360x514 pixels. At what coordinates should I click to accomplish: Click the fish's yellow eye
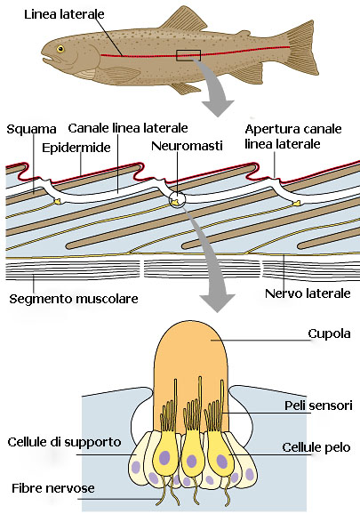[x=60, y=49]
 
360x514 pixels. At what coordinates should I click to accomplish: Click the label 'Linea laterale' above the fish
[x=64, y=14]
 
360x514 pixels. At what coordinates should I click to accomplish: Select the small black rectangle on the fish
[x=188, y=55]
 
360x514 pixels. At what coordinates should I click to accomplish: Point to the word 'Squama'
[x=31, y=130]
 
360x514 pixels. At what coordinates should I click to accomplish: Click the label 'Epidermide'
[x=76, y=148]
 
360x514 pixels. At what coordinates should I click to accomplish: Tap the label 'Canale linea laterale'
[x=128, y=128]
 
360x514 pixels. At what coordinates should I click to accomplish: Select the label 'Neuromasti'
[x=187, y=146]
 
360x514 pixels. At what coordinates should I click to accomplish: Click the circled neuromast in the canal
[x=177, y=199]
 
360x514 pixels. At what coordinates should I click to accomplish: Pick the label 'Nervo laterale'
[x=308, y=293]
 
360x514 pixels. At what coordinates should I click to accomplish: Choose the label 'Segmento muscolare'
[x=74, y=299]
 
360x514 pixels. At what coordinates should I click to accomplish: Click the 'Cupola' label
[x=329, y=333]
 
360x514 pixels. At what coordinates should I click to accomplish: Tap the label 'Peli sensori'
[x=318, y=406]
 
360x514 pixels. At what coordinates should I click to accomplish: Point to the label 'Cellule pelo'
[x=316, y=447]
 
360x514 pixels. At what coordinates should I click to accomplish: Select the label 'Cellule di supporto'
[x=65, y=442]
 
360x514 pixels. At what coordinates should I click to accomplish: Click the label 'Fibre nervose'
[x=53, y=488]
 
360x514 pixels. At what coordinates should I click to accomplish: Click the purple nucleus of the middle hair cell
[x=192, y=461]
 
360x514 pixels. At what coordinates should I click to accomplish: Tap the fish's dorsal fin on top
[x=182, y=20]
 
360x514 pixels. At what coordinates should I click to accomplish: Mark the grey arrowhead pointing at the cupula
[x=217, y=302]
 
